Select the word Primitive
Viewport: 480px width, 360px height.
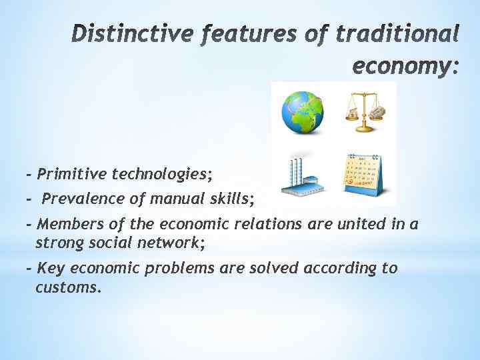pos(72,175)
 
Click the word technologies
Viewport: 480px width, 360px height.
pos(161,175)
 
